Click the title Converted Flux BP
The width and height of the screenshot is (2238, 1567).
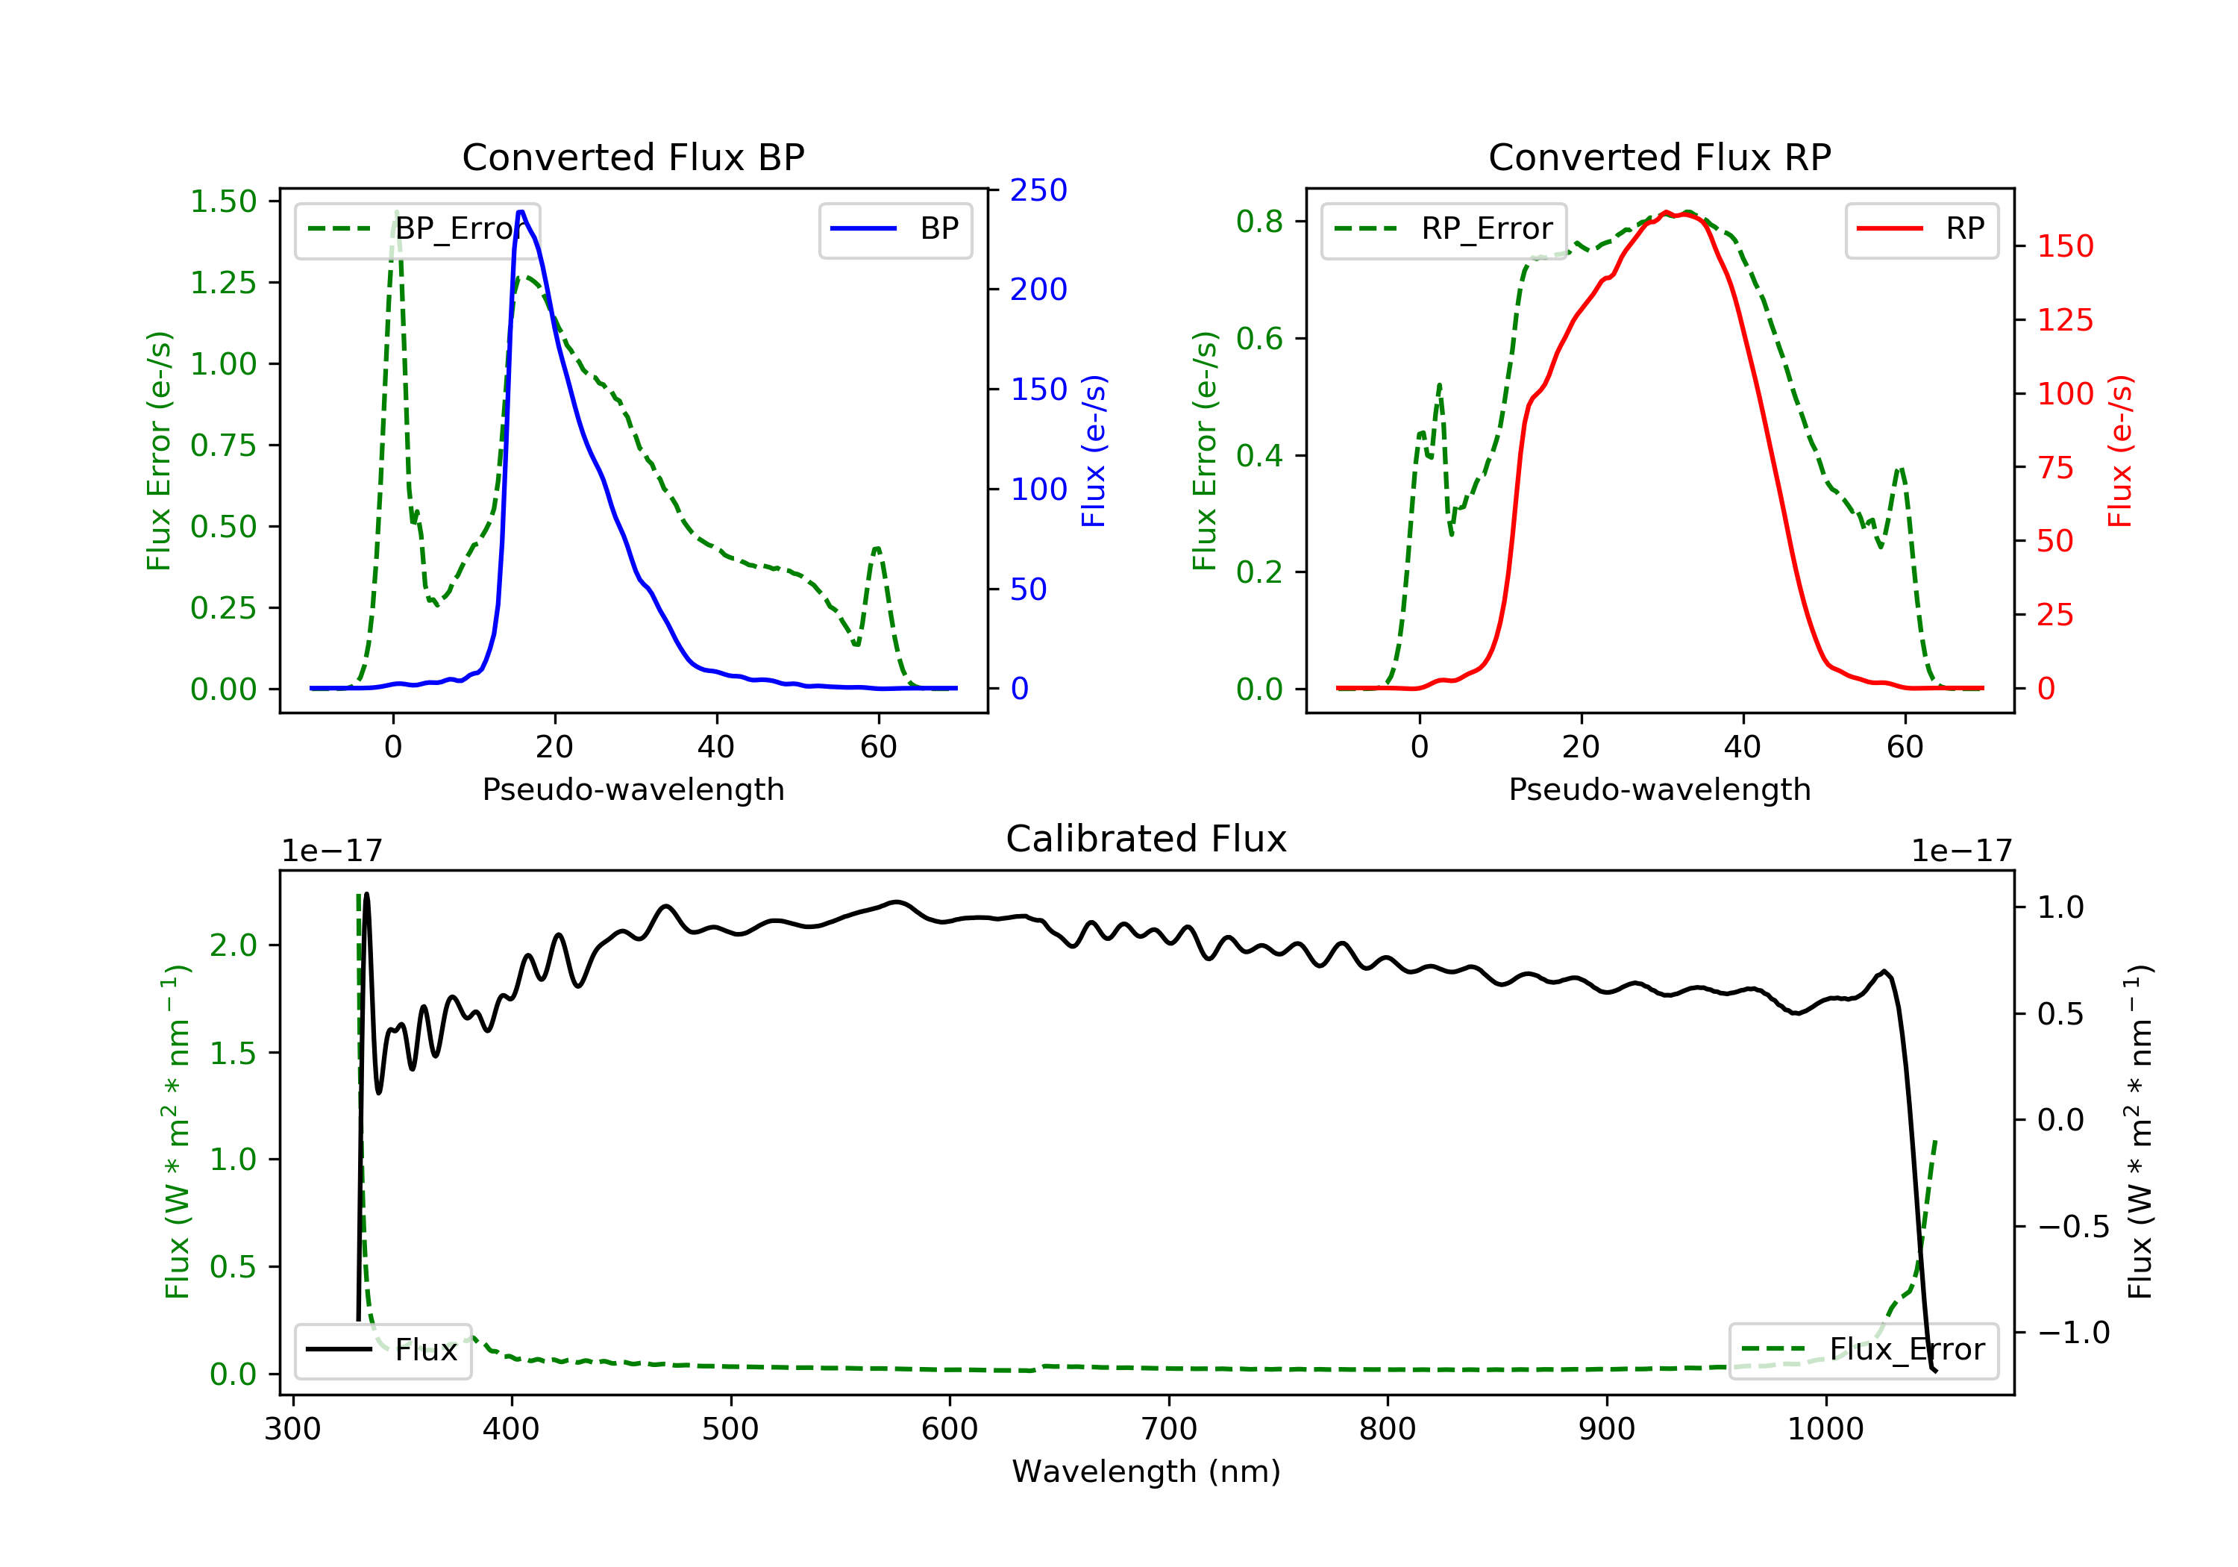tap(633, 157)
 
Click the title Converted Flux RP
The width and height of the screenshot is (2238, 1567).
tap(1659, 157)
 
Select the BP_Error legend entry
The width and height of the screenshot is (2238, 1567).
tap(417, 229)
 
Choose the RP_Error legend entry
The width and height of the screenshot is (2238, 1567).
tap(1444, 229)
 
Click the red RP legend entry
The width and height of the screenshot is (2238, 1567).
tap(1921, 229)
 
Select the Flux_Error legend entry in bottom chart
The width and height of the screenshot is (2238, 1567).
tap(1863, 1350)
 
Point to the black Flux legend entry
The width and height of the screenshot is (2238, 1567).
tap(383, 1350)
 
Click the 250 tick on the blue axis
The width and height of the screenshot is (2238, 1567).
tap(1038, 190)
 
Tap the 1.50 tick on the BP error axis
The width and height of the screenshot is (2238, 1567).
tap(223, 202)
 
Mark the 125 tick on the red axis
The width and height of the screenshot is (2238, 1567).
tap(2064, 320)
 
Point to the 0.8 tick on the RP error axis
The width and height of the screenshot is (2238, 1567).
tap(1259, 222)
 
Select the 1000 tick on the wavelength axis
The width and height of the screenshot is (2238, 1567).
tap(1825, 1430)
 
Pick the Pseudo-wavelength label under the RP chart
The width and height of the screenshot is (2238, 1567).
tap(1659, 789)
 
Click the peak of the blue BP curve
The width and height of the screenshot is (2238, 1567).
tap(521, 212)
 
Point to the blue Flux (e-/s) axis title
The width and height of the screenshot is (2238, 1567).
tap(1094, 451)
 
